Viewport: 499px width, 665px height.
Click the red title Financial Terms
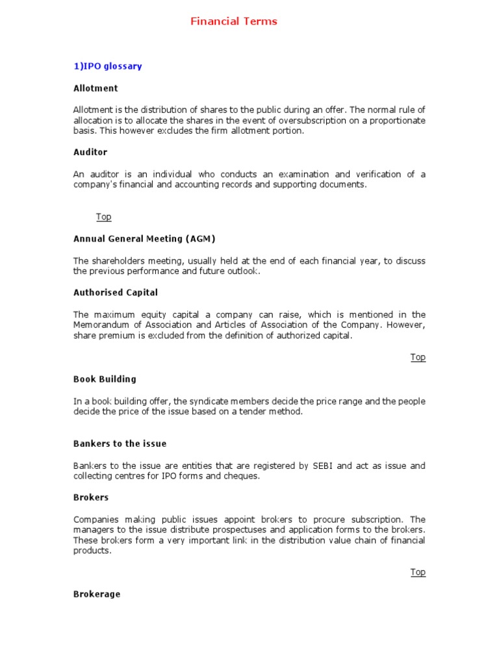[234, 21]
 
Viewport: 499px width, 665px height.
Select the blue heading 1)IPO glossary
[107, 66]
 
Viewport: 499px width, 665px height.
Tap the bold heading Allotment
[96, 88]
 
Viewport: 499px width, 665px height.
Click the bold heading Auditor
[90, 152]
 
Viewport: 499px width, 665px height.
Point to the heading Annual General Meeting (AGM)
[144, 238]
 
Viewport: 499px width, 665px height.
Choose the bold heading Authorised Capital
[116, 292]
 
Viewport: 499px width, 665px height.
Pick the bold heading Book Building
[105, 379]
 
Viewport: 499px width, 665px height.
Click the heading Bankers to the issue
[120, 444]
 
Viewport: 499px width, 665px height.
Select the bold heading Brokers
[91, 497]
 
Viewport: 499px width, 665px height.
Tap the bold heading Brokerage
[97, 594]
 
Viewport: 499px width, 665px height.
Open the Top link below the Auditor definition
[104, 217]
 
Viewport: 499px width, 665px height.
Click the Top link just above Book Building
[418, 357]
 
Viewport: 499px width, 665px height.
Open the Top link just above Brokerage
[418, 572]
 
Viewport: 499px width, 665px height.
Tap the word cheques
[242, 476]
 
